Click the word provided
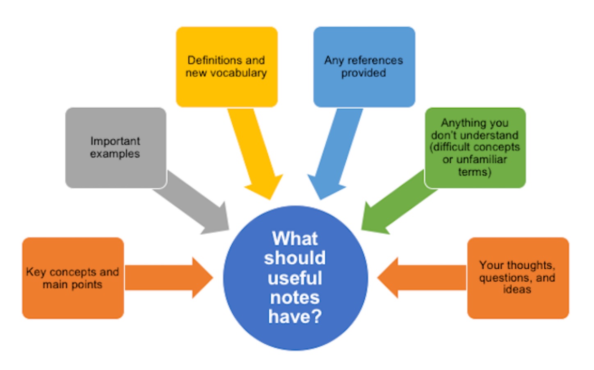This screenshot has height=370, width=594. pos(363,73)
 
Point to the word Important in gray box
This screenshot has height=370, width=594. pos(115,141)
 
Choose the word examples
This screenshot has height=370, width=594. pos(115,154)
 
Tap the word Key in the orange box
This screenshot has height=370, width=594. pos(36,272)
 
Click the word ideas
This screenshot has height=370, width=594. pos(517,290)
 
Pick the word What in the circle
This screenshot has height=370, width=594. pos(295,239)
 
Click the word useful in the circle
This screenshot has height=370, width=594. pos(295,278)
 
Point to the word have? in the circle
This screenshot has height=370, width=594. pos(295,317)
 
